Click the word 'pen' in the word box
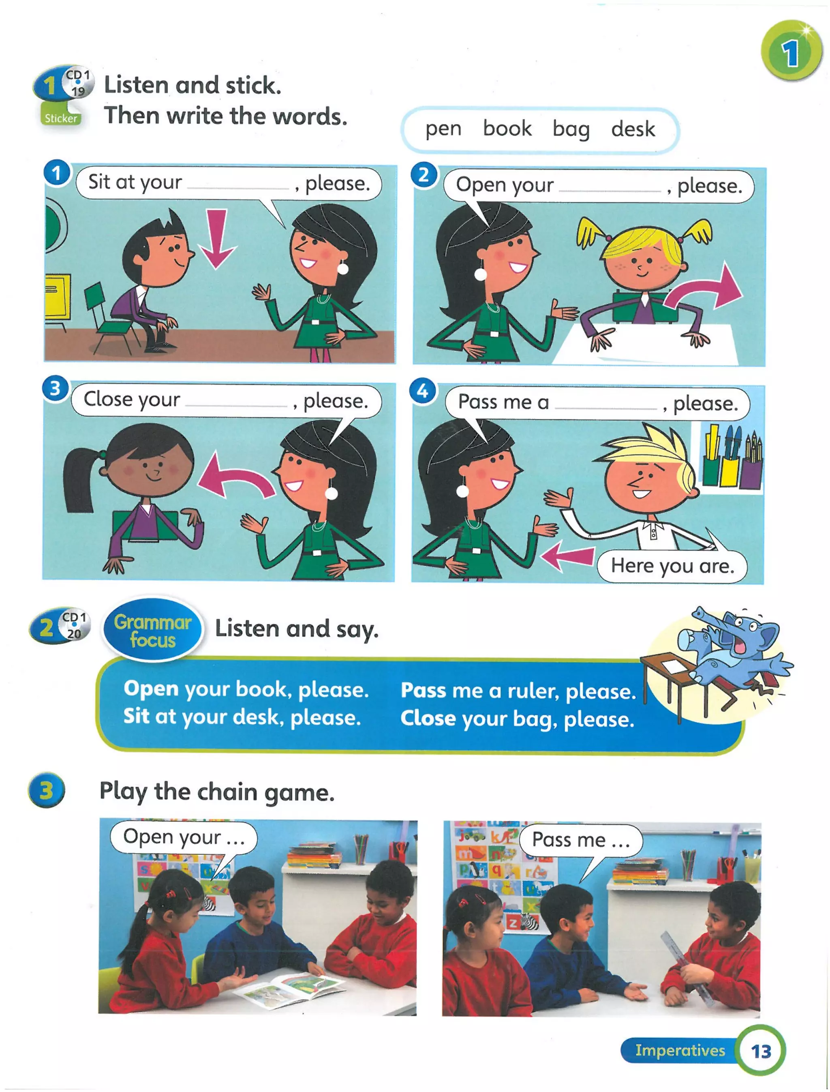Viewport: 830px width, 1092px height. [443, 129]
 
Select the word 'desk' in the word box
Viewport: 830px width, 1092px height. [633, 129]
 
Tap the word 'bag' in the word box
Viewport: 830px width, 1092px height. [571, 129]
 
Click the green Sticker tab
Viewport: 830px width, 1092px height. [61, 118]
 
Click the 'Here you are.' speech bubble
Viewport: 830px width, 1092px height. [672, 566]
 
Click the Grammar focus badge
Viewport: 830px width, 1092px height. [153, 631]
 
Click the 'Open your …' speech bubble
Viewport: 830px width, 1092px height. [184, 837]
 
